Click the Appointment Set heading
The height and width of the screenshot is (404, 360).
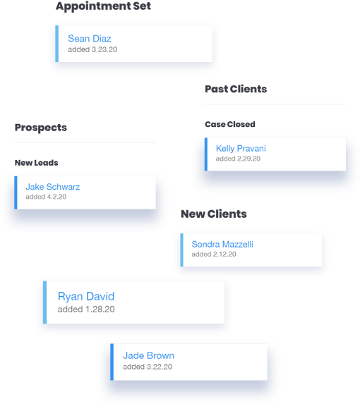(x=103, y=6)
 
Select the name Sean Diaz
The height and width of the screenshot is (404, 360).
(x=90, y=38)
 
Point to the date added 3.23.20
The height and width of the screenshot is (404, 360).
(x=92, y=49)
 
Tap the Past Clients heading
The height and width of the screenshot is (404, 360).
(x=236, y=89)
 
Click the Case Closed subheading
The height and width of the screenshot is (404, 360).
(x=230, y=124)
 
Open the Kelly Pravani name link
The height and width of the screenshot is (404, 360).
(x=241, y=148)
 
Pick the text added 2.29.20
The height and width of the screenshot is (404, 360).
(x=238, y=159)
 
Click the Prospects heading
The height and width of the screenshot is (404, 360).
(x=41, y=128)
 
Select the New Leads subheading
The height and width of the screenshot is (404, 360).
(x=37, y=163)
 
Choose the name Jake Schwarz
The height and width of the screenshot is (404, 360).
(x=53, y=187)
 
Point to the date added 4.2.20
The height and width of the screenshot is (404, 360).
(x=46, y=197)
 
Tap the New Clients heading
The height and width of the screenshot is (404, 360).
(x=214, y=214)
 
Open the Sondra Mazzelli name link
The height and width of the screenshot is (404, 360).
(x=222, y=244)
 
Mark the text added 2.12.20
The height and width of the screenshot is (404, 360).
(x=214, y=255)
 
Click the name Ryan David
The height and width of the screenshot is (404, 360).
(x=86, y=296)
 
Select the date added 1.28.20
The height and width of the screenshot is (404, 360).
(x=86, y=310)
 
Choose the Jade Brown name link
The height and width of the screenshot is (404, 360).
(x=148, y=355)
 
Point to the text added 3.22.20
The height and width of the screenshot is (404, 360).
(x=148, y=367)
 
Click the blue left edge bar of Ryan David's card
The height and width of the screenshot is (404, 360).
(x=45, y=302)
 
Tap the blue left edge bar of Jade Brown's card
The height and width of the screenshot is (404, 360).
(x=112, y=362)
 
